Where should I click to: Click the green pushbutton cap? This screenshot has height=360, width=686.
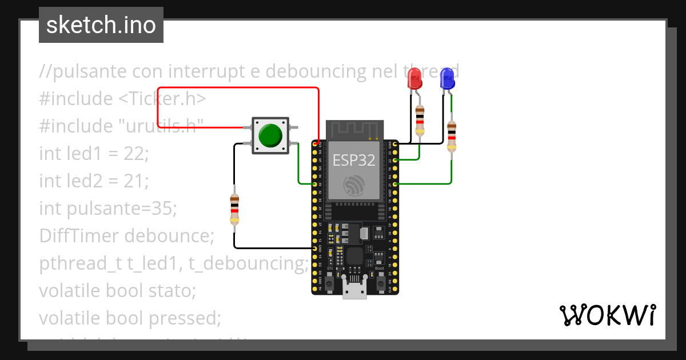coord(270,135)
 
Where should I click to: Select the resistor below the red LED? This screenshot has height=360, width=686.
coord(420,120)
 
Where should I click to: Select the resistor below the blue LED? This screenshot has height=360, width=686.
coord(452,136)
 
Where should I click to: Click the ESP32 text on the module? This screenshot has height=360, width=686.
coord(354,161)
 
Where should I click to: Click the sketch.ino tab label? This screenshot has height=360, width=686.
coord(101,26)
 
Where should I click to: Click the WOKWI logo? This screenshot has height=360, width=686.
coord(607,315)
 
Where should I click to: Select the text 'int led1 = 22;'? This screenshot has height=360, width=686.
coord(94,153)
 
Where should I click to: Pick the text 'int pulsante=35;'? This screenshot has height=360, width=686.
coord(108,208)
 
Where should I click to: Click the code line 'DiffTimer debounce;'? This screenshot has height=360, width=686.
coord(126,235)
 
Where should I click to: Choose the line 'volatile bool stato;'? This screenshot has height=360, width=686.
coord(117,290)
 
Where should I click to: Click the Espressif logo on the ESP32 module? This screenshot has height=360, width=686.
coord(354,186)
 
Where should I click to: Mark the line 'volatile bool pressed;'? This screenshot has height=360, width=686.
coord(130,318)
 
